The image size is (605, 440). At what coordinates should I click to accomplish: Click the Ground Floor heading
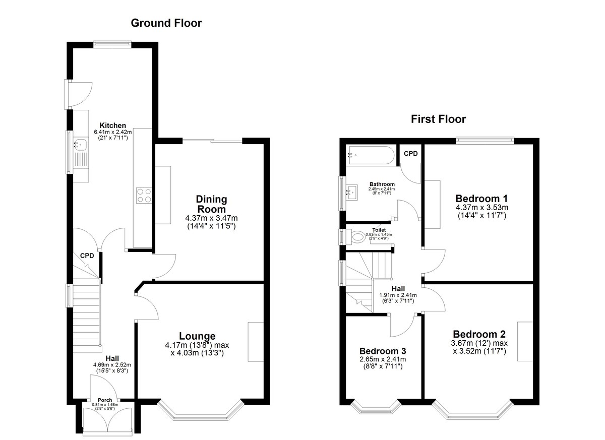coord(166,23)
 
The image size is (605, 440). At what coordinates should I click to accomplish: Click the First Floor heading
coord(438,119)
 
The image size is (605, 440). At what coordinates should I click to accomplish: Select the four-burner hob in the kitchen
coord(144,196)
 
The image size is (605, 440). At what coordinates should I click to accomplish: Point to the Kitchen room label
coord(112,125)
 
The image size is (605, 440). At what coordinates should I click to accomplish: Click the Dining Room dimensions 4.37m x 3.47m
coord(211,218)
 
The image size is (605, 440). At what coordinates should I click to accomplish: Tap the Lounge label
coord(197,336)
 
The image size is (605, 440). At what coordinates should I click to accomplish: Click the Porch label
coord(105,400)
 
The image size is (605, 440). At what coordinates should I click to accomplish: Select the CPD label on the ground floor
coord(87,256)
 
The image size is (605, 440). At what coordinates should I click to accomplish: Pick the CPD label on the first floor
coord(410,153)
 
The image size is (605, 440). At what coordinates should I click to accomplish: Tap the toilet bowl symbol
coord(358,237)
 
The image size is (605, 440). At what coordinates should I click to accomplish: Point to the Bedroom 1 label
coord(481,199)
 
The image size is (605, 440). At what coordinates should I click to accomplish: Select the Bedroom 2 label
coord(479,334)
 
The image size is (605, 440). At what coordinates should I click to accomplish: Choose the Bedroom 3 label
coord(383,351)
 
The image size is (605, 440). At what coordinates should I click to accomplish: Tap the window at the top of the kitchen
coord(112,44)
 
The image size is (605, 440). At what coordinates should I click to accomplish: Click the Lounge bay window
coord(201,411)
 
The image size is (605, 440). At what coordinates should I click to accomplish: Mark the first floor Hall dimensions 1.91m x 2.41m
coord(398,295)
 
